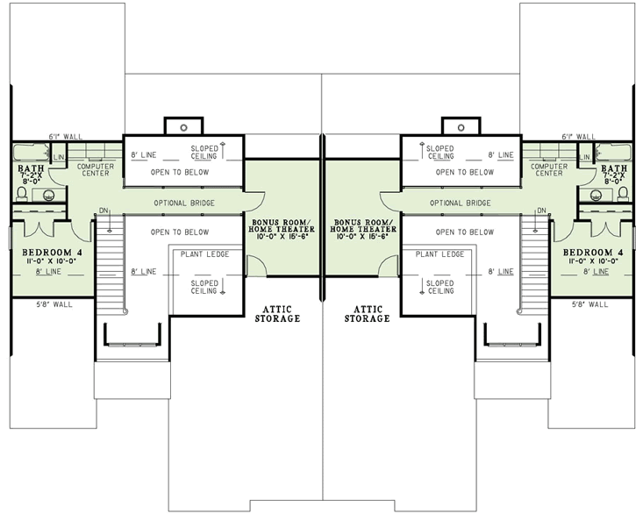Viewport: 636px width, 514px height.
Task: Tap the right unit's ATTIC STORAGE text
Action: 367,313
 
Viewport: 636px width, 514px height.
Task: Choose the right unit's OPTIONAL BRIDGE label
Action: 459,203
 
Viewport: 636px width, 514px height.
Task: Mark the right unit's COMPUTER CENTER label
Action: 549,169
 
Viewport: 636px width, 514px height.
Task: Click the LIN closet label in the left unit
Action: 60,157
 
